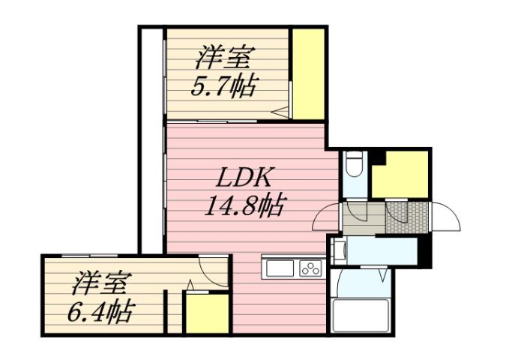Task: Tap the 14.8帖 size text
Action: [244, 205]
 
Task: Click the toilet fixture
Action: [353, 166]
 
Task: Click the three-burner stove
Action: [310, 268]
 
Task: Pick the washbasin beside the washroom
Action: [339, 250]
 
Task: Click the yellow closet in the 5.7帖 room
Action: [308, 73]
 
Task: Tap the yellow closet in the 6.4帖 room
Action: [206, 313]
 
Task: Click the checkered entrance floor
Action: [407, 218]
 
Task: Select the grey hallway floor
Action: [363, 218]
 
